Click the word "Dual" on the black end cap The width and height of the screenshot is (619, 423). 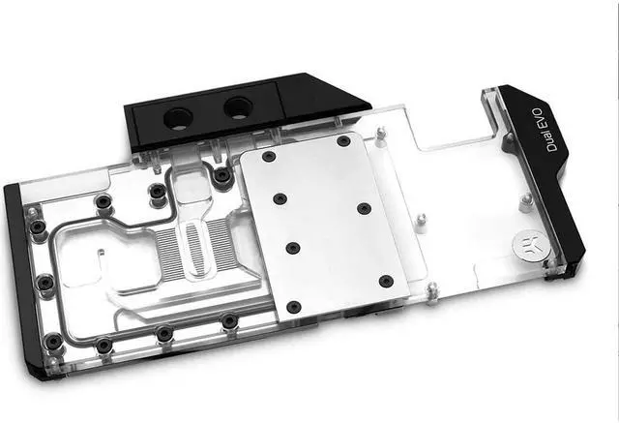(x=551, y=143)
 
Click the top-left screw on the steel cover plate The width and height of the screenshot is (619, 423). (x=268, y=157)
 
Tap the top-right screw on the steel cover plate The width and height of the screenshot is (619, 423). (x=343, y=141)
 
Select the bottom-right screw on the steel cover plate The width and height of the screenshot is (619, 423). (x=386, y=281)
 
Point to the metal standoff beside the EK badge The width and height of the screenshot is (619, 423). (x=525, y=203)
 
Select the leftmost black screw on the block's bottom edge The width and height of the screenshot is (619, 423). (x=54, y=340)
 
